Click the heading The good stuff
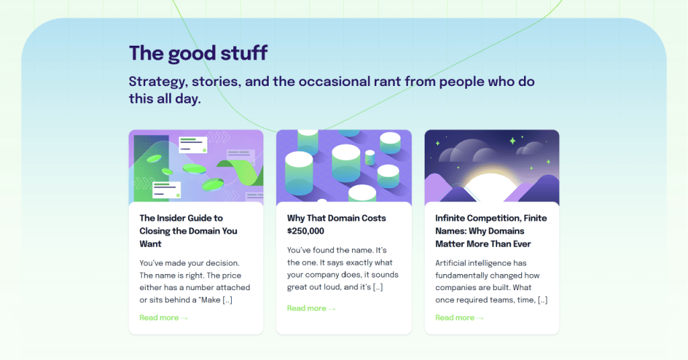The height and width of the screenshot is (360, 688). pos(198,54)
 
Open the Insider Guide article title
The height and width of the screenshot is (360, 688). pos(188,231)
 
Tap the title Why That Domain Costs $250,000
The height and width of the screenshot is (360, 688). pos(337,224)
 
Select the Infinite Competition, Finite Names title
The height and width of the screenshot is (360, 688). pos(491,231)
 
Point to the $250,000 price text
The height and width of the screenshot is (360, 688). pos(306,231)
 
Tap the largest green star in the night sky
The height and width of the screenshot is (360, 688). pos(513,141)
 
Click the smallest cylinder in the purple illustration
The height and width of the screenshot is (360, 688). pos(370,157)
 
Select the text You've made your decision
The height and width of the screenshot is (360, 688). pos(189,263)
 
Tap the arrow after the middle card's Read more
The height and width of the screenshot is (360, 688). pos(332,309)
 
